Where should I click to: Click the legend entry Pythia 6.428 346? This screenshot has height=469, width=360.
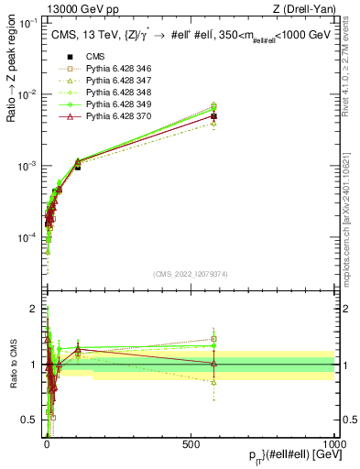pos(106,68)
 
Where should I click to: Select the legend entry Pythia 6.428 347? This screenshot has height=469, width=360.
pos(106,80)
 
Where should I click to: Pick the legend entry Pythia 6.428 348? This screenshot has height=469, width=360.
pos(106,92)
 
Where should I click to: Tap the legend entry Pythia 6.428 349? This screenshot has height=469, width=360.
pos(106,104)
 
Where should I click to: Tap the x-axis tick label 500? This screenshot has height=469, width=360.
pos(191,442)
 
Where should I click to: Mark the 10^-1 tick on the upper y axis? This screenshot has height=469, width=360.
pos(29,24)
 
